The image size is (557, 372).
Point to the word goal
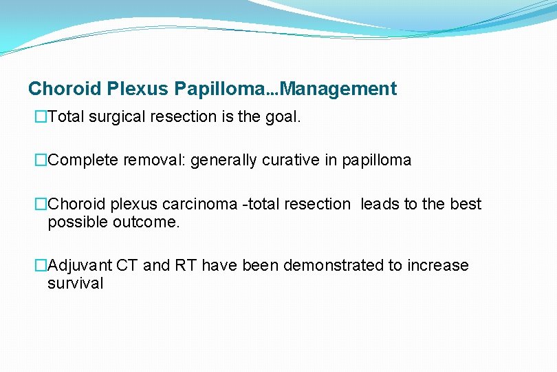click(284, 117)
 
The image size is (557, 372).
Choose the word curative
click(285, 161)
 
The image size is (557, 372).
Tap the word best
click(466, 204)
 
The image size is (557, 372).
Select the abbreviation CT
click(127, 265)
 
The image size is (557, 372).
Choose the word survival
click(75, 283)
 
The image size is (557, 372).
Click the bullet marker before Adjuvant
click(41, 265)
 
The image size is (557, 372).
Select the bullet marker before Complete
click(41, 161)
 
